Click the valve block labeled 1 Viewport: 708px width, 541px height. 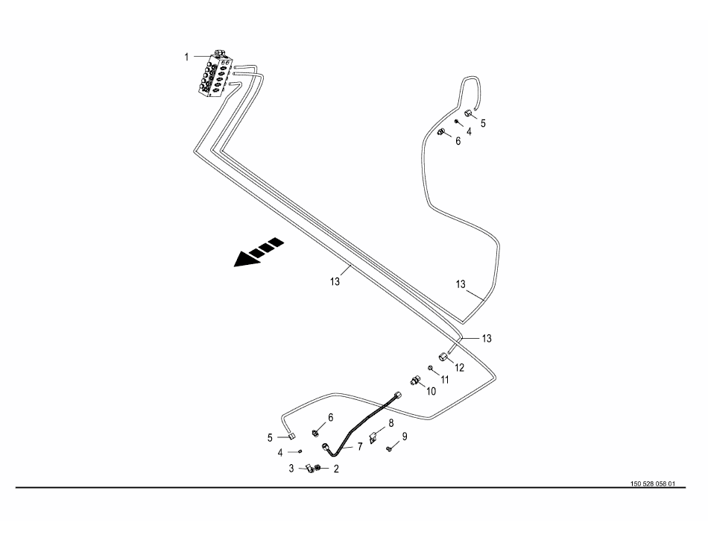pyautogui.click(x=217, y=75)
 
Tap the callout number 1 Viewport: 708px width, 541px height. pyautogui.click(x=187, y=57)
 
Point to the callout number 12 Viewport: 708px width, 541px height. pyautogui.click(x=460, y=367)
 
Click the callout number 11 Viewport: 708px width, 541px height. pyautogui.click(x=444, y=379)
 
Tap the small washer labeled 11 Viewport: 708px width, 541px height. pyautogui.click(x=431, y=368)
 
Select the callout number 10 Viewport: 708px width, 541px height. pyautogui.click(x=430, y=390)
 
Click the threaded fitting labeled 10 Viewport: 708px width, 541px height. pyautogui.click(x=414, y=381)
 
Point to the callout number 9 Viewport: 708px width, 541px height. pyautogui.click(x=405, y=437)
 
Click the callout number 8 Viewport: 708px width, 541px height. pyautogui.click(x=391, y=423)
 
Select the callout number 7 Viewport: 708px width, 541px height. pyautogui.click(x=359, y=446)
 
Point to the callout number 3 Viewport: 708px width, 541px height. pyautogui.click(x=291, y=469)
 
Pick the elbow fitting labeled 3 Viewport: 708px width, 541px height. pyautogui.click(x=306, y=469)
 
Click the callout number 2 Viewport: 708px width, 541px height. pyautogui.click(x=336, y=469)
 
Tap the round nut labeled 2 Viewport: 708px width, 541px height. pyautogui.click(x=319, y=469)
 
